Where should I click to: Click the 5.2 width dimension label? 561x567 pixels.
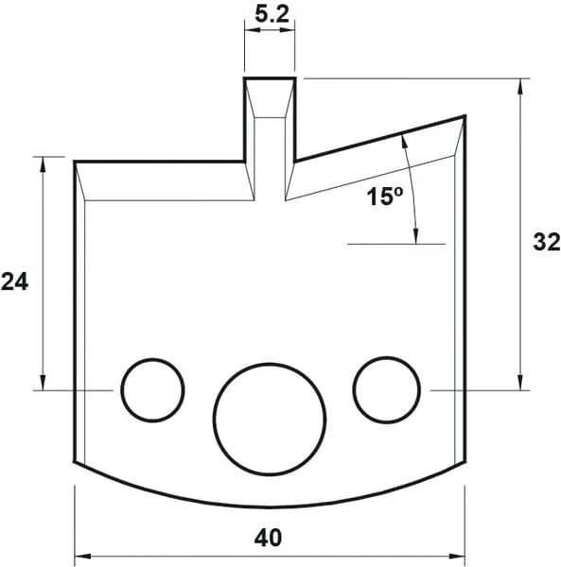pyautogui.click(x=270, y=14)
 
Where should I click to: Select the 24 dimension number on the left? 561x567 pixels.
pyautogui.click(x=14, y=281)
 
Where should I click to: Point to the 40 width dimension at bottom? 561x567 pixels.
pyautogui.click(x=269, y=538)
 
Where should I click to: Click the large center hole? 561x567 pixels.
pyautogui.click(x=270, y=416)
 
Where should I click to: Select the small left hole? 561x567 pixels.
pyautogui.click(x=151, y=389)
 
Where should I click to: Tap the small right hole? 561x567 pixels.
pyautogui.click(x=387, y=388)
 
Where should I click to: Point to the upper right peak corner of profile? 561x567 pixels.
pyautogui.click(x=465, y=116)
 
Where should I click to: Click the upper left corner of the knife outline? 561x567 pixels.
pyautogui.click(x=75, y=162)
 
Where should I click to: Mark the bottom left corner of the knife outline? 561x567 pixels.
pyautogui.click(x=75, y=462)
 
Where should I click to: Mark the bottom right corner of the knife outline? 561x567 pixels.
pyautogui.click(x=465, y=462)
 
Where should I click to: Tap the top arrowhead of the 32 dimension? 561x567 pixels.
pyautogui.click(x=521, y=85)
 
